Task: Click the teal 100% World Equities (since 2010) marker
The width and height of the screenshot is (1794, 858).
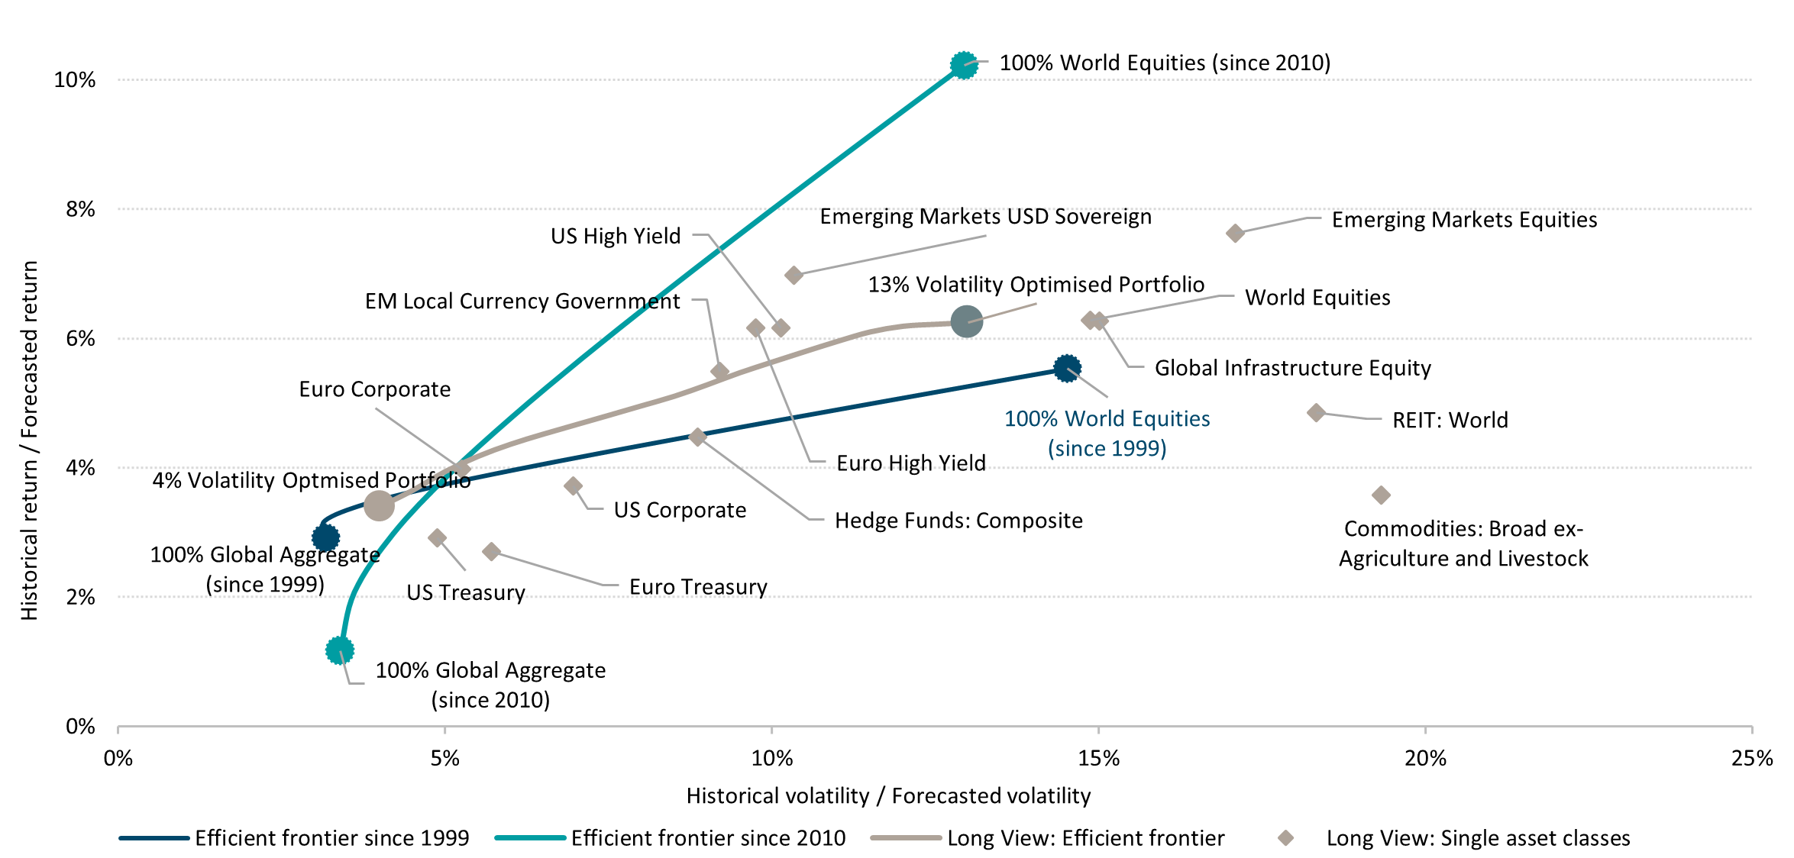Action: pyautogui.click(x=964, y=66)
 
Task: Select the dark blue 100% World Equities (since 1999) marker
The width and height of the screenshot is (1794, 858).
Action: pyautogui.click(x=1067, y=369)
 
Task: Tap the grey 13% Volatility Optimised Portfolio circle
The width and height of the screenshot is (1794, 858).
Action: pyautogui.click(x=967, y=322)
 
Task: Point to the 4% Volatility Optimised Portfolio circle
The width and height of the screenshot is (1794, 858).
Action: pyautogui.click(x=379, y=505)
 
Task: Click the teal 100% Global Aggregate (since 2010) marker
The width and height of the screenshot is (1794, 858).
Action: pyautogui.click(x=339, y=650)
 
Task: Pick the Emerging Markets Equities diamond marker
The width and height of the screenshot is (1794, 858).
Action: pyautogui.click(x=1235, y=233)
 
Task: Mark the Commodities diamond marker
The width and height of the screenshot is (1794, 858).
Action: pyautogui.click(x=1381, y=495)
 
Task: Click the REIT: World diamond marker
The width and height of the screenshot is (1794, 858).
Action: pyautogui.click(x=1316, y=413)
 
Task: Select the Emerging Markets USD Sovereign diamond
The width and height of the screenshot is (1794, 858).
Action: pyautogui.click(x=794, y=275)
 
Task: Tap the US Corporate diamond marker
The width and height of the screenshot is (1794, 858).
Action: pyautogui.click(x=574, y=485)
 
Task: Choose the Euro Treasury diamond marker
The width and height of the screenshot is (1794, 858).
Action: pyautogui.click(x=492, y=551)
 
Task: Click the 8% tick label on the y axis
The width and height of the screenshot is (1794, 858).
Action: pyautogui.click(x=80, y=209)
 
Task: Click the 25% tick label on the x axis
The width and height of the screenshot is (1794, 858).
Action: pyautogui.click(x=1751, y=758)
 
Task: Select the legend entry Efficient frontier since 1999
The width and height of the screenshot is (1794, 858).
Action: pyautogui.click(x=331, y=838)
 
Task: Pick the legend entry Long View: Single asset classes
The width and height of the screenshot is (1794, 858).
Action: pyautogui.click(x=1477, y=838)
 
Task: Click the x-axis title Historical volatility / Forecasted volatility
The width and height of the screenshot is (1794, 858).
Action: pyautogui.click(x=888, y=796)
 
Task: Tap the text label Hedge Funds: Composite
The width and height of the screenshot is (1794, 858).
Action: pyautogui.click(x=958, y=521)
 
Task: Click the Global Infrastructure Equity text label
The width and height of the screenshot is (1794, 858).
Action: pyautogui.click(x=1292, y=368)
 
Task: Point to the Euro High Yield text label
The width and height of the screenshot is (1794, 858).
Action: pyautogui.click(x=911, y=463)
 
